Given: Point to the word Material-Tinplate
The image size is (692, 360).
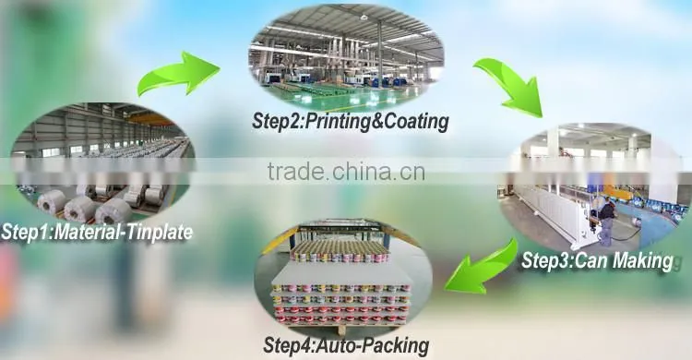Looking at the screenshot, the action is [123, 233].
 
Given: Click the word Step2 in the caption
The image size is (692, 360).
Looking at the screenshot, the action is [276, 122].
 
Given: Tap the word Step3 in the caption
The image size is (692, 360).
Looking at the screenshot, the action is [545, 260].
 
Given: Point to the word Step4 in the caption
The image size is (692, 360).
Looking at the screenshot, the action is [288, 345].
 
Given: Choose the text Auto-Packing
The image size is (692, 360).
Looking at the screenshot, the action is [373, 345].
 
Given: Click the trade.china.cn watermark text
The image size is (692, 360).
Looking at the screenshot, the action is [346, 172].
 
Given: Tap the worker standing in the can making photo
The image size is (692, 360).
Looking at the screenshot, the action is [606, 220].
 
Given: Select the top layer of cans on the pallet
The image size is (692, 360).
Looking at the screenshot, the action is [339, 251].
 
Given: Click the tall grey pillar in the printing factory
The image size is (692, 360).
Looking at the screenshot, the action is [379, 54].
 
